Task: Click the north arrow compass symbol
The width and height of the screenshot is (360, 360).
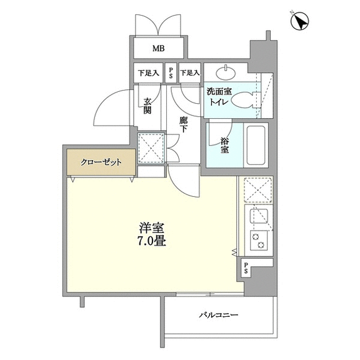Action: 299,21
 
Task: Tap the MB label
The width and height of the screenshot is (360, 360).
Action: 159,49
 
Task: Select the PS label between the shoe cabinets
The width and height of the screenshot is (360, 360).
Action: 171,73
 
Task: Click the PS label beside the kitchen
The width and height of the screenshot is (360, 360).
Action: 246,268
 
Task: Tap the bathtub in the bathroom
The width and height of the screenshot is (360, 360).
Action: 256,145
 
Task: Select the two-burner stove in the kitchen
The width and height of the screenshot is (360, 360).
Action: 259,241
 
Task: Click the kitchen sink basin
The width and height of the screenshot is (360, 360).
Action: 259,216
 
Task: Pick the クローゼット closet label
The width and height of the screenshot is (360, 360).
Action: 101,162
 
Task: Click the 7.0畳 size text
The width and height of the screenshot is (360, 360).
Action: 151,241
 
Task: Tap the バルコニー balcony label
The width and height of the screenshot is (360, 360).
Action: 218,314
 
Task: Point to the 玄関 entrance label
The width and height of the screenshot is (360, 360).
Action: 147,106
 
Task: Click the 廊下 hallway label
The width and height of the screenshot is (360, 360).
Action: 184,124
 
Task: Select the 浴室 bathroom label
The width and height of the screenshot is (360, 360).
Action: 225,145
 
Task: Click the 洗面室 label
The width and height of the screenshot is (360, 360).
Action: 219,91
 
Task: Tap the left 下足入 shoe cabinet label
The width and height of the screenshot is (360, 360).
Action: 148,73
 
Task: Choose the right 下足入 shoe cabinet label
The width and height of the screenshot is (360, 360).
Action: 190,73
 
